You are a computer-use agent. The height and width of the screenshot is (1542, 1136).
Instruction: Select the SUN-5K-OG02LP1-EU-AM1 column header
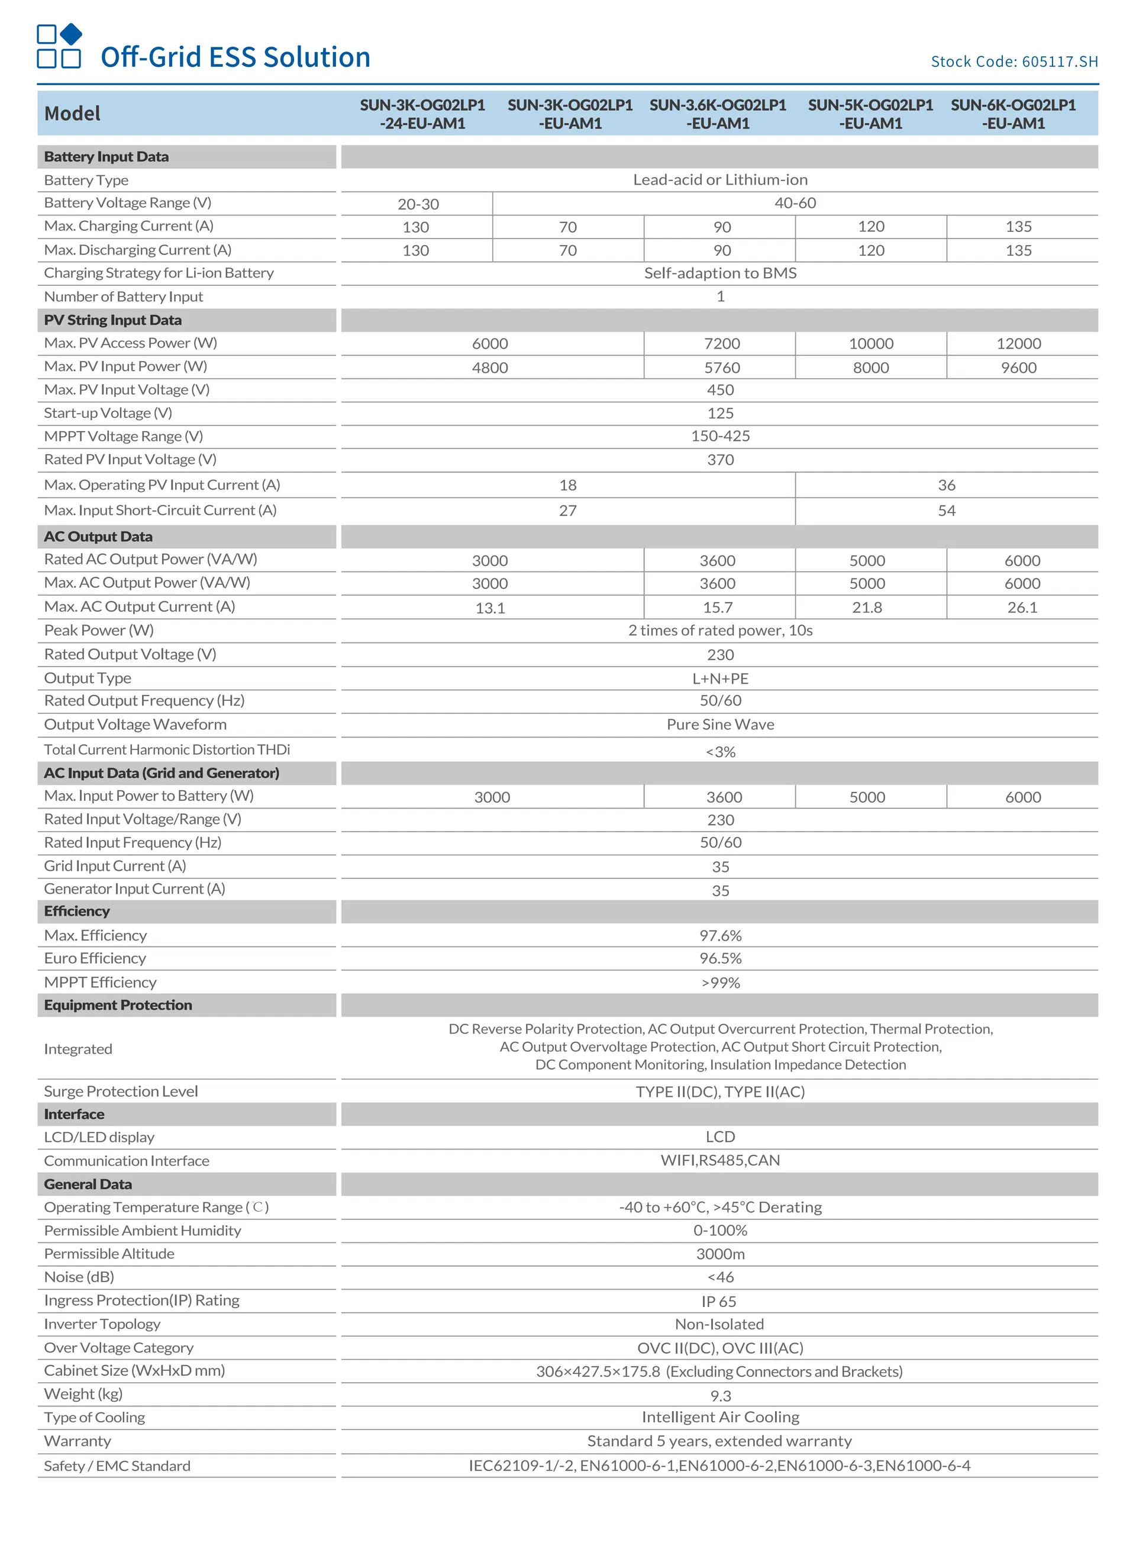[870, 114]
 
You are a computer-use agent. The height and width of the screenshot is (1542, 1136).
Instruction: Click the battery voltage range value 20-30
[418, 204]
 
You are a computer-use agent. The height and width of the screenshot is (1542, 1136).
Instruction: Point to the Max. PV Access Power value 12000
[1018, 344]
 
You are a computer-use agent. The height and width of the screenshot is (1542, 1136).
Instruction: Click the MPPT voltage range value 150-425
[720, 436]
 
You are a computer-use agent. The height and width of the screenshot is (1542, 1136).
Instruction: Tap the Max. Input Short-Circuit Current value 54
[946, 510]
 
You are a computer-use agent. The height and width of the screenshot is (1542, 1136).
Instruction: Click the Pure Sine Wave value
[720, 724]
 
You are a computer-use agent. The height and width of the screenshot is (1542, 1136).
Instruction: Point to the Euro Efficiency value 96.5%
[720, 958]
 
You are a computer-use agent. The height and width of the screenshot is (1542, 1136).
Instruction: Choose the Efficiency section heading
[77, 912]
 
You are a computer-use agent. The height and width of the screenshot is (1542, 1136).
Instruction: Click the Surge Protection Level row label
[121, 1092]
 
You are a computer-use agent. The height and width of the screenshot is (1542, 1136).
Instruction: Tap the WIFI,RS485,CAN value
[720, 1160]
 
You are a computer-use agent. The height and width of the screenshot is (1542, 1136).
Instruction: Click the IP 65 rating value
[719, 1301]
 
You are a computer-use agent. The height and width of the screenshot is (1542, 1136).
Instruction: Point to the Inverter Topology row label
[102, 1324]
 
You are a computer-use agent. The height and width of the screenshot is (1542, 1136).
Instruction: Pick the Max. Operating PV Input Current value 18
[567, 485]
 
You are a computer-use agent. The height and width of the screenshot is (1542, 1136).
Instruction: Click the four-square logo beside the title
[59, 46]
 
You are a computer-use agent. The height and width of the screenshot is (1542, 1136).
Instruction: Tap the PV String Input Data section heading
[113, 320]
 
